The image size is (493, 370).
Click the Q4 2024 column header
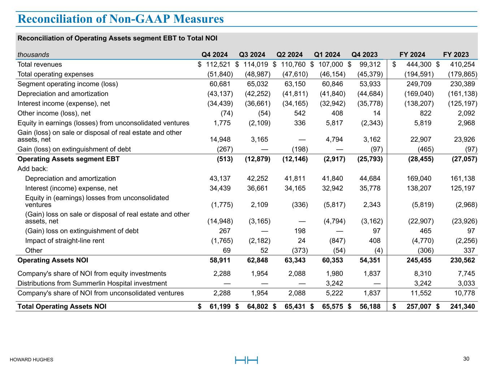(x=215, y=55)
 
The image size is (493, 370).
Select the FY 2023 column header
(x=456, y=55)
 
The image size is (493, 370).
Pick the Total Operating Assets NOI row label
(x=62, y=306)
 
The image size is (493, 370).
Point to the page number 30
(x=466, y=359)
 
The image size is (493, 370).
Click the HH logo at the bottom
(x=247, y=360)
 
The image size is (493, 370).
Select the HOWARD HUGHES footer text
(x=31, y=360)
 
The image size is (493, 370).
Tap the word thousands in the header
(x=34, y=55)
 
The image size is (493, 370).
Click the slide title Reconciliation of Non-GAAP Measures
(x=121, y=19)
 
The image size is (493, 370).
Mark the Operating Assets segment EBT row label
(x=69, y=159)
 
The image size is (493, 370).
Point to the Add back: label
(x=33, y=169)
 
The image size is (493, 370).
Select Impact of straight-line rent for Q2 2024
(x=301, y=241)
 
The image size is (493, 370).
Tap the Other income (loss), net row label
(x=54, y=113)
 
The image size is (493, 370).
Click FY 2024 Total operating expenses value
(x=419, y=74)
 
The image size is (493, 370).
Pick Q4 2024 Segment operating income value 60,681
(x=220, y=84)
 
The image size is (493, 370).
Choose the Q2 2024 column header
(x=290, y=55)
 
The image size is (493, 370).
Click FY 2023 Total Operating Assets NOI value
(x=460, y=306)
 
